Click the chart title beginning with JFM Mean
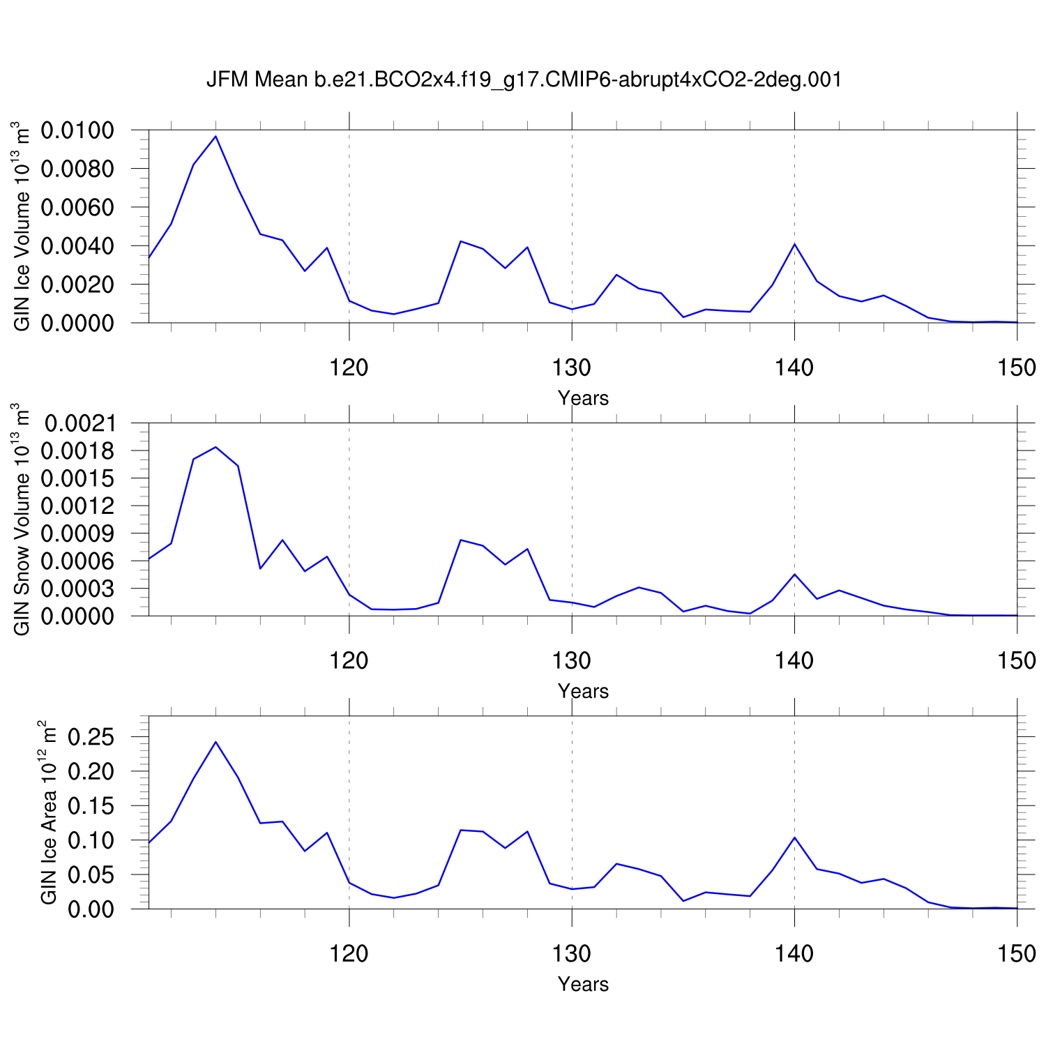(x=524, y=79)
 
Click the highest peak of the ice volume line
(x=216, y=136)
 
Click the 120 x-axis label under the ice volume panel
(x=349, y=367)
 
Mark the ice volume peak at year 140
(x=794, y=244)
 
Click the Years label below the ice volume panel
(x=583, y=398)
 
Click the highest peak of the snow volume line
(x=216, y=447)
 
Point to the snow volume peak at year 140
(x=794, y=575)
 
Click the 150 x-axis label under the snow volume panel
(x=1017, y=660)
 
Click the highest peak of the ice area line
(x=216, y=742)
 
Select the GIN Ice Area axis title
(x=48, y=812)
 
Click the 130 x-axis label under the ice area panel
(x=572, y=953)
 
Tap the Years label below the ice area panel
(x=583, y=984)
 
